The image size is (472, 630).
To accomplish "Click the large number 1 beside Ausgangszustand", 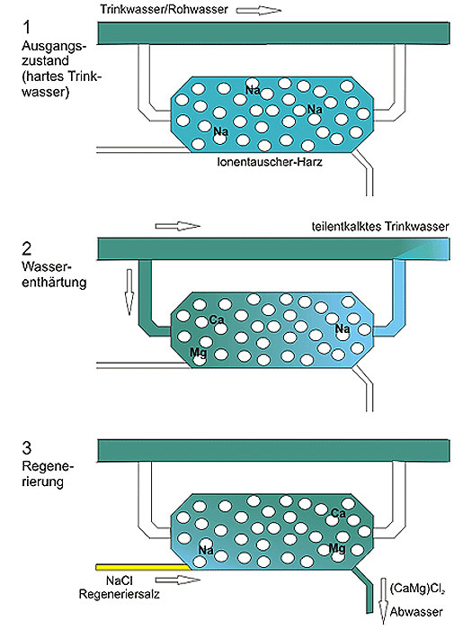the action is click(x=26, y=27).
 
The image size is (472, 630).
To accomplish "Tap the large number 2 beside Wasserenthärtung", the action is click(x=26, y=248).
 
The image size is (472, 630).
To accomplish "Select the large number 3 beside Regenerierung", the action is click(x=26, y=447).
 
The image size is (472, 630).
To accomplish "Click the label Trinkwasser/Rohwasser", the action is click(x=164, y=9).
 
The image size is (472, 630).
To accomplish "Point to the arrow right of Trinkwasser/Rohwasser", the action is click(x=259, y=10).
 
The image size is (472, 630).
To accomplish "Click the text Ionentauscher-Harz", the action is click(x=270, y=162).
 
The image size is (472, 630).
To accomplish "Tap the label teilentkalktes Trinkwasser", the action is click(x=380, y=227).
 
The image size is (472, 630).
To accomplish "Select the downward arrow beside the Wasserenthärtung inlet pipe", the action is click(x=129, y=292).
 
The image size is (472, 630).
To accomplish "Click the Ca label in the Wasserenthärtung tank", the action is click(x=217, y=319).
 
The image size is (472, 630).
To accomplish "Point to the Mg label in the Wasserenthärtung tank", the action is click(x=199, y=353).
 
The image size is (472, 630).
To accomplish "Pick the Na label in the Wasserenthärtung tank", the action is click(x=343, y=329).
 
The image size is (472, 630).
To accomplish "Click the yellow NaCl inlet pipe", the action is click(x=143, y=567).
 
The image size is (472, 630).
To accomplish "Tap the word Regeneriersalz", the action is click(x=120, y=594).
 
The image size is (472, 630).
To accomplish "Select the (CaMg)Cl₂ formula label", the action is click(x=417, y=589).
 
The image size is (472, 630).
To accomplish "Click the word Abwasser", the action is click(x=416, y=612).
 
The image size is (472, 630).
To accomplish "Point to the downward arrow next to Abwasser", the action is click(x=384, y=601).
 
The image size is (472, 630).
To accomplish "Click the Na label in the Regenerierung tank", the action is click(x=206, y=550).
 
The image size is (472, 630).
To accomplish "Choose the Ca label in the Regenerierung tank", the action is click(x=338, y=513).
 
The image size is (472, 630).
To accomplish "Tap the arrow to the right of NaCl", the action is click(x=177, y=580).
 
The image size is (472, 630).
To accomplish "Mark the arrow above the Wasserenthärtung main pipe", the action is click(x=178, y=226).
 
